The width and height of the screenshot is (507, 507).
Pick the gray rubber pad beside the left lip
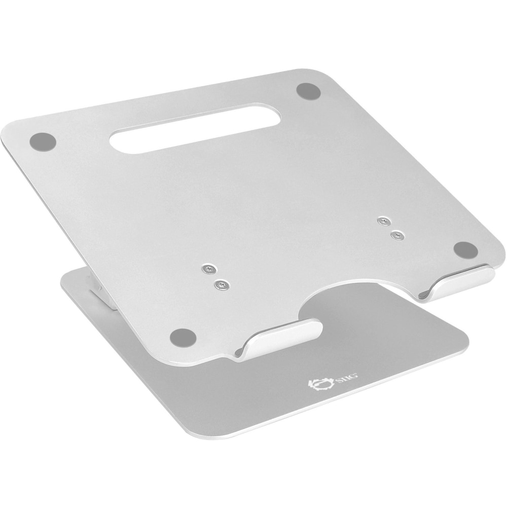[x=183, y=336]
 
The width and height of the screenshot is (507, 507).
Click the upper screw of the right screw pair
[x=385, y=221]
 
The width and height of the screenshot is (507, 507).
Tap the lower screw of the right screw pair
[x=397, y=235]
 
